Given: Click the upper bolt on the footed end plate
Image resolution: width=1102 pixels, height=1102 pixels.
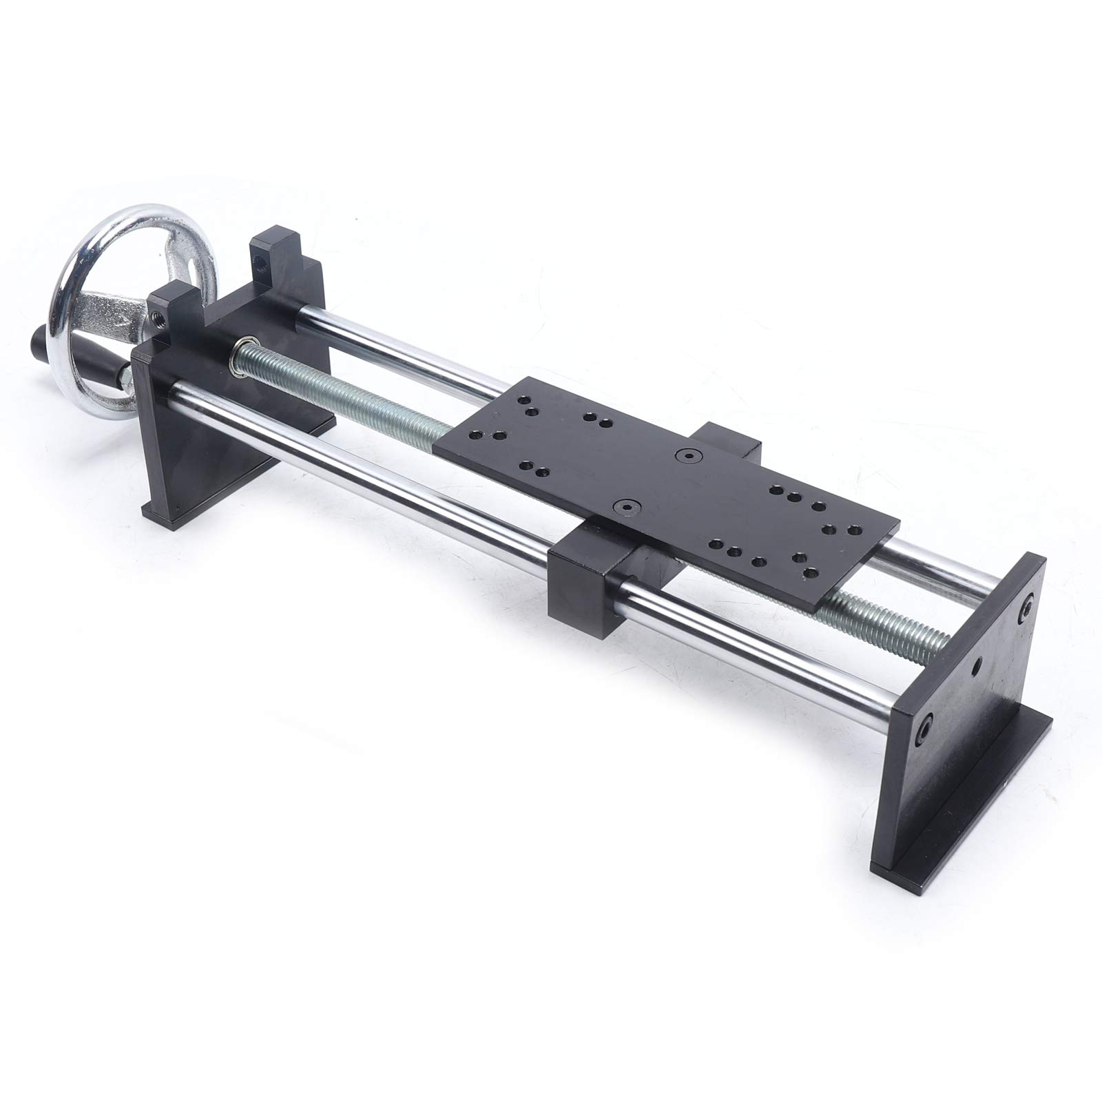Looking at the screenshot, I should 1026,604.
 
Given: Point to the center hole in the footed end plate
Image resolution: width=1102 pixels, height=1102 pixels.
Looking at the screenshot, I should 975,666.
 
